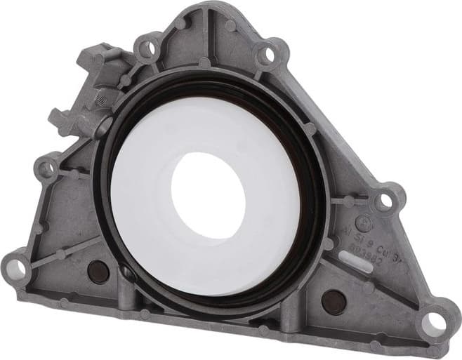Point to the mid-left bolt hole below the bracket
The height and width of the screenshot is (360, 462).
click(48, 168)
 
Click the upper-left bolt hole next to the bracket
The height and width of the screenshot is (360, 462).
click(147, 48)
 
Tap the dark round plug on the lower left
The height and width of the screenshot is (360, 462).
click(98, 272)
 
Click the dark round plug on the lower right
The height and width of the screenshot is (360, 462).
click(334, 301)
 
